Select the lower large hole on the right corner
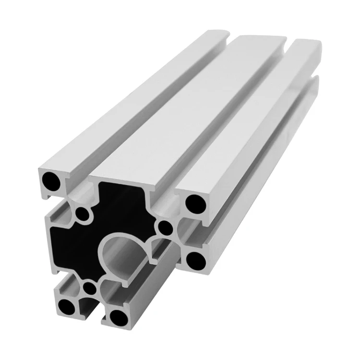click(195, 260)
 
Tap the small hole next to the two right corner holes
click(165, 227)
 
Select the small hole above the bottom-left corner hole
click(89, 288)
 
